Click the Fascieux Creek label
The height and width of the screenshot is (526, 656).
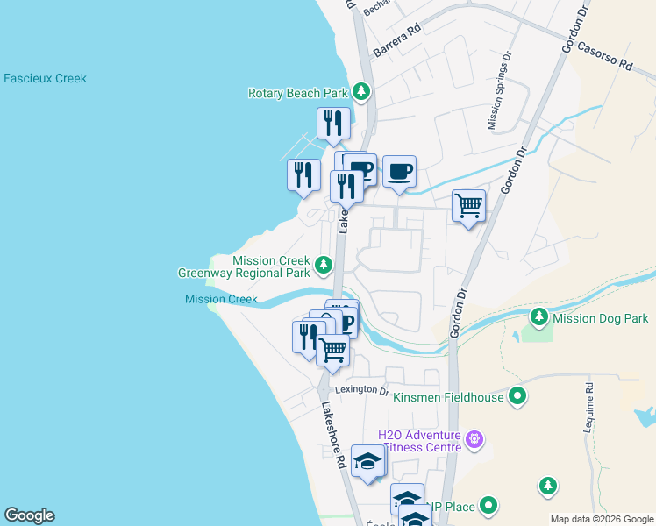click(x=45, y=78)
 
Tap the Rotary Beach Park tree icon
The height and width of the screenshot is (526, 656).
click(x=360, y=92)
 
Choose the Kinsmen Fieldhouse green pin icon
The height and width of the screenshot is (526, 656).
click(x=517, y=396)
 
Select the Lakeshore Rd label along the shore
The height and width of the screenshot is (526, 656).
click(x=332, y=434)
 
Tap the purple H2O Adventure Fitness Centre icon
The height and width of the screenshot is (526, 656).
click(x=475, y=437)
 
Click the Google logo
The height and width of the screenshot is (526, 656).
click(x=29, y=515)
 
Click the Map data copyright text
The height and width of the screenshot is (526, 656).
click(x=601, y=519)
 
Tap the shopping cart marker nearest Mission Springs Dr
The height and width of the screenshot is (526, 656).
click(x=468, y=206)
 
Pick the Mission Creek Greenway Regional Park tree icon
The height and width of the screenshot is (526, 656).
click(x=324, y=263)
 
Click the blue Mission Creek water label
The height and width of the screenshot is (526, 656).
click(x=221, y=299)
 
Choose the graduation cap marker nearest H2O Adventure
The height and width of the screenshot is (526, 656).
click(x=368, y=460)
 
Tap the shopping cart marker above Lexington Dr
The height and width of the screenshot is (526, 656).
click(x=332, y=349)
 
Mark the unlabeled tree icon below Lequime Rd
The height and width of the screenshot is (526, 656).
click(x=547, y=484)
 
